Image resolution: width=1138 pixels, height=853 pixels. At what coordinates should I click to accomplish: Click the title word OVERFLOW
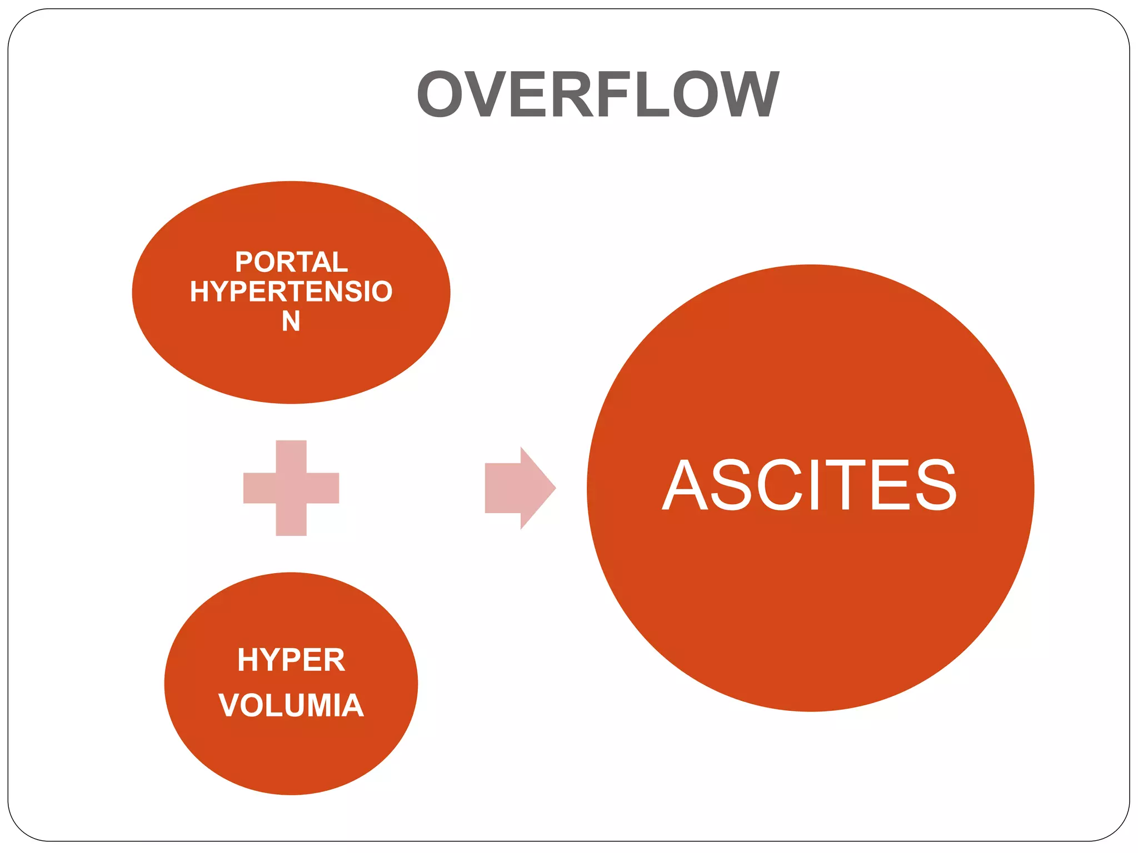598,94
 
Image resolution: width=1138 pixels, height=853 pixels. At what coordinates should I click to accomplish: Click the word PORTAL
291,262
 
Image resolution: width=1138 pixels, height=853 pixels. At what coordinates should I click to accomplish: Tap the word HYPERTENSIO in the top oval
291,292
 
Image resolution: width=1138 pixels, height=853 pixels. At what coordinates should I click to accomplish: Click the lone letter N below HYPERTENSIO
291,321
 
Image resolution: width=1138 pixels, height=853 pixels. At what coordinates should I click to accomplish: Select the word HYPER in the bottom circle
291,660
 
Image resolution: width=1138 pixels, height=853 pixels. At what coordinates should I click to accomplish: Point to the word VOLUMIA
291,705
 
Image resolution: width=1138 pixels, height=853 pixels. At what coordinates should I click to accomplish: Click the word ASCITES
810,485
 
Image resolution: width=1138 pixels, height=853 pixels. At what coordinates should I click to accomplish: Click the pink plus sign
291,488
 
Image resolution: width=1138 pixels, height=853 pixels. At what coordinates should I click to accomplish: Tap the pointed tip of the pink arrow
553,488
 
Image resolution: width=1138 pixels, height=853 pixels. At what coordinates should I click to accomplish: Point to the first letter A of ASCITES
686,485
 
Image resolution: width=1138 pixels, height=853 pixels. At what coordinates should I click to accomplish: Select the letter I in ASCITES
815,485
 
